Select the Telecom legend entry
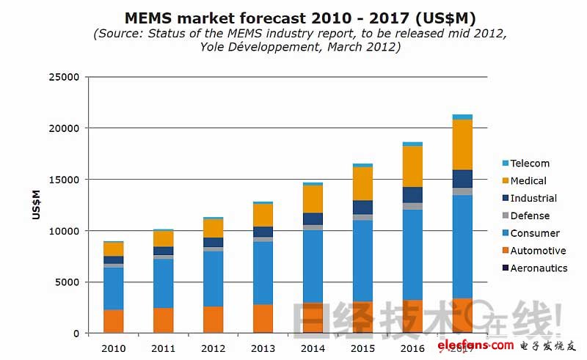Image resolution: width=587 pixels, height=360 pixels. coord(530,164)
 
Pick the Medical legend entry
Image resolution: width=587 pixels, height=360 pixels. coord(528,181)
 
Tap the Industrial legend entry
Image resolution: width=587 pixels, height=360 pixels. coord(533,199)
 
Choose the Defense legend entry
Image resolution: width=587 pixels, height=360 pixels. coord(530,216)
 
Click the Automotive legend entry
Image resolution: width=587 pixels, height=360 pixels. coord(538,251)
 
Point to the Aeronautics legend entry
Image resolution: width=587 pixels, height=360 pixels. coord(539,268)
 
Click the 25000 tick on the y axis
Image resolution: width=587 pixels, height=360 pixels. coord(64,77)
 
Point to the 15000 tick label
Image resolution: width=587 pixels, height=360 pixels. coord(64,180)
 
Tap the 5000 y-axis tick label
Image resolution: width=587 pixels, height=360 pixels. coord(67,282)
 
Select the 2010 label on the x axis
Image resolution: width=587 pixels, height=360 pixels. coord(114,348)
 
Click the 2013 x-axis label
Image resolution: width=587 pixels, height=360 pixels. coord(263,348)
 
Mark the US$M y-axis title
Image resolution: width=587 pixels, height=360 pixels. coord(36,205)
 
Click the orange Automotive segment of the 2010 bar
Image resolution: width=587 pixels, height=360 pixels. coord(114,321)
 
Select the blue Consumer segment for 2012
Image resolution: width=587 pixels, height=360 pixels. coord(214,279)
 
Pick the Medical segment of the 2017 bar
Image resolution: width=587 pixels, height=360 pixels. coord(462,144)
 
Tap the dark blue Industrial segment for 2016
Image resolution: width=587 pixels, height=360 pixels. coord(412,195)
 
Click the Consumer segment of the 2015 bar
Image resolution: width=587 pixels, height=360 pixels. coord(362,260)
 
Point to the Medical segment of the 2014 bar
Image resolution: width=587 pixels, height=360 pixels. coord(313,199)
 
